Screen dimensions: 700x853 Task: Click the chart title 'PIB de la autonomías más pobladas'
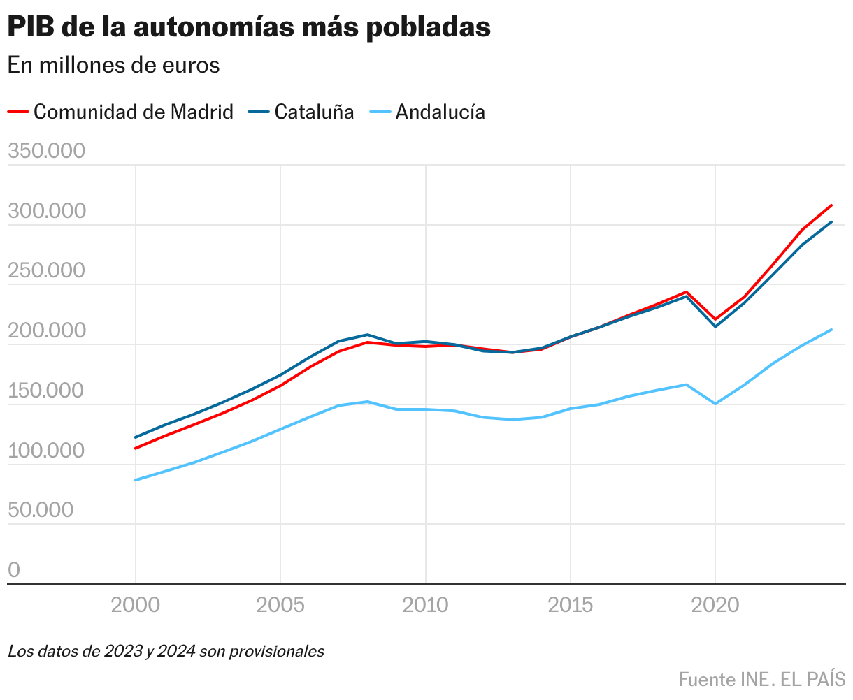[x=249, y=27]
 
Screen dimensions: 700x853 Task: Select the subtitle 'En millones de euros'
[x=114, y=65]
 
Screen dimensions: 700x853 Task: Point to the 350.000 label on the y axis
[x=46, y=151]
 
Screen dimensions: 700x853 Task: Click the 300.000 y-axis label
[x=46, y=211]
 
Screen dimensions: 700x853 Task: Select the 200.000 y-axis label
[x=46, y=330]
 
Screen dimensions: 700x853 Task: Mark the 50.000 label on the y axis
[x=41, y=510]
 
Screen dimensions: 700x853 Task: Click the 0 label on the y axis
[x=14, y=570]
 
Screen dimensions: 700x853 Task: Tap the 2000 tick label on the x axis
[x=135, y=605]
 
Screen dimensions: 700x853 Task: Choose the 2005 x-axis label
[x=280, y=605]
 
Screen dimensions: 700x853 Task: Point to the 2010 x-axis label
[x=425, y=605]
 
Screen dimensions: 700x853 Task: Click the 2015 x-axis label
[x=571, y=605]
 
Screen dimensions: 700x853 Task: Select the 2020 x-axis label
[x=715, y=605]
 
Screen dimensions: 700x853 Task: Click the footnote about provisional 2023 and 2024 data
[x=166, y=652]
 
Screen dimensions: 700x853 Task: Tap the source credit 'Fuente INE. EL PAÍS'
[x=761, y=679]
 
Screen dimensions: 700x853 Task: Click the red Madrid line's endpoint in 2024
[x=831, y=205]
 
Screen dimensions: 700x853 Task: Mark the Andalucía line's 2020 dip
[x=715, y=404]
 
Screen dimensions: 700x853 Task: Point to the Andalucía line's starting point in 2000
[x=135, y=480]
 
